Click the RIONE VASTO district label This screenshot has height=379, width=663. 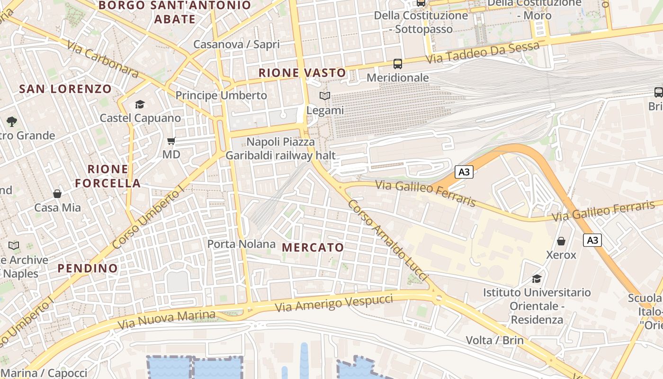click(303, 73)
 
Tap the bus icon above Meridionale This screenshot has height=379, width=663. click(398, 63)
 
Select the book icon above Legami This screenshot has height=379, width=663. click(325, 96)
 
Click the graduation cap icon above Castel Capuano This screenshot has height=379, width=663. click(140, 104)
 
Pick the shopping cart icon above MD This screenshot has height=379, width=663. click(171, 141)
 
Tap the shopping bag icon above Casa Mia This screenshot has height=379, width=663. click(57, 194)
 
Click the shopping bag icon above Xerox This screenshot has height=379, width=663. click(561, 241)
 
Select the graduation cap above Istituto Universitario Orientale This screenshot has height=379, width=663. click(537, 279)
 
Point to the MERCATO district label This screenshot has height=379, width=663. click(313, 247)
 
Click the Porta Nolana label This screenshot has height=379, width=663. click(242, 244)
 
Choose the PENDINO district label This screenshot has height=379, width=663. click(88, 268)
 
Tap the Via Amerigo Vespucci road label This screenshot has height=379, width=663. click(334, 303)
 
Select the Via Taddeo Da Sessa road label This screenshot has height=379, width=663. click(483, 53)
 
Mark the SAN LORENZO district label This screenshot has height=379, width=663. click(65, 89)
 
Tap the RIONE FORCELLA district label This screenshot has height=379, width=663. click(108, 176)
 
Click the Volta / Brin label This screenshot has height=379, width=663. click(495, 340)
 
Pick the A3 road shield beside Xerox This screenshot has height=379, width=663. click(592, 240)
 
